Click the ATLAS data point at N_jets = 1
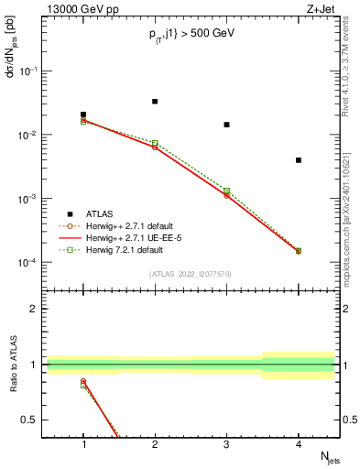(x=83, y=115)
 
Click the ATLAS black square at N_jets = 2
(x=155, y=101)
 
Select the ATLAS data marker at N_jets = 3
(x=226, y=125)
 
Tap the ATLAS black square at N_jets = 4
(x=299, y=160)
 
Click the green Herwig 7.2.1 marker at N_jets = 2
(x=155, y=143)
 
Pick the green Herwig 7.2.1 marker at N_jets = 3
(x=226, y=191)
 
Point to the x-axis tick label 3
(x=226, y=444)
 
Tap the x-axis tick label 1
(x=83, y=444)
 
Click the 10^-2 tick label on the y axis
(x=31, y=135)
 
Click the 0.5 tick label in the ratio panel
(x=33, y=420)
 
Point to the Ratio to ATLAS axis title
(x=12, y=364)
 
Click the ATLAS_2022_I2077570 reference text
(x=190, y=273)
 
